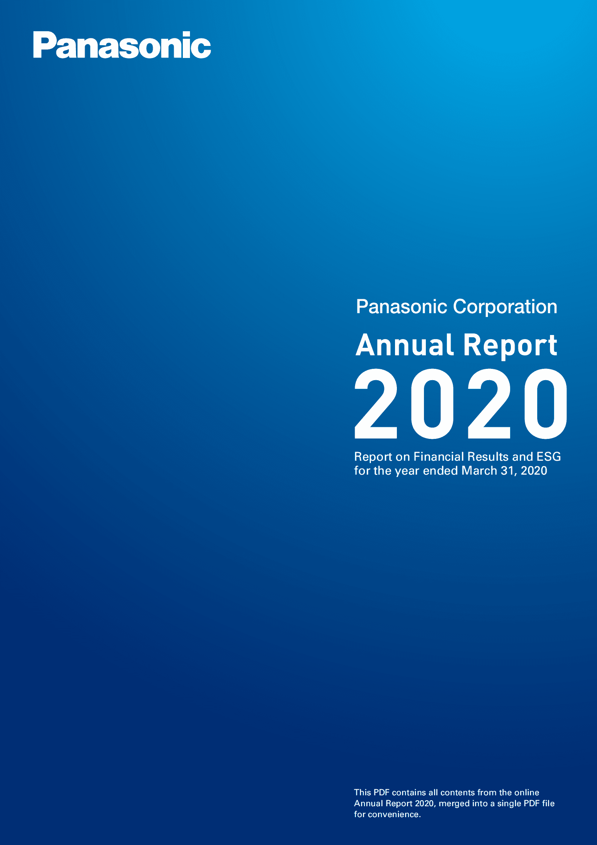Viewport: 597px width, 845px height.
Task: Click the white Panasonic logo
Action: (122, 45)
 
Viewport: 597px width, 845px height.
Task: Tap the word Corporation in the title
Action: (505, 307)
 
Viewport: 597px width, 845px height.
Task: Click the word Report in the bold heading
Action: (510, 345)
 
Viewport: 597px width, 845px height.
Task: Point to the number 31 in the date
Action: (507, 471)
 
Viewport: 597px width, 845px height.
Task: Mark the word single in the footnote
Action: (509, 804)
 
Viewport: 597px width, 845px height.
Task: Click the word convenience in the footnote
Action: (394, 815)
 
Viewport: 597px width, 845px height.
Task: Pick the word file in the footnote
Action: (548, 803)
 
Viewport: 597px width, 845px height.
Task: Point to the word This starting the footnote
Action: (362, 792)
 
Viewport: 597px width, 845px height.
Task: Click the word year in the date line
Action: (407, 471)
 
